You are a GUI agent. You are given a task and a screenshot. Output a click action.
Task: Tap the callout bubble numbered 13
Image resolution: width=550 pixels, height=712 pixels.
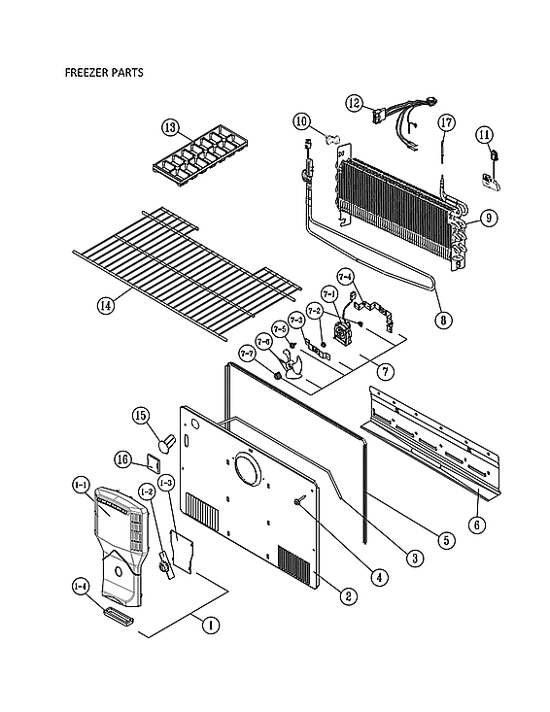tap(171, 127)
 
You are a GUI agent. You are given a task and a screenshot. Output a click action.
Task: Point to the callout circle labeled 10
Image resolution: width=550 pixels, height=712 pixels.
tap(302, 121)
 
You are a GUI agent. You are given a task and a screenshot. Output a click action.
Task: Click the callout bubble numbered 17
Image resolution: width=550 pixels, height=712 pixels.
tap(446, 122)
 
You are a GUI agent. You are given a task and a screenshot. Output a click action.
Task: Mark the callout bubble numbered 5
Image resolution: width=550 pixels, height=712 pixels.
tap(446, 539)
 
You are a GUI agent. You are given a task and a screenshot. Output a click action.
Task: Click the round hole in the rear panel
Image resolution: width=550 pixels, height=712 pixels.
tap(250, 475)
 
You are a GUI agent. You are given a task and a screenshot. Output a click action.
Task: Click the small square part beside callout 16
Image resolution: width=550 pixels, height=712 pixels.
tap(153, 459)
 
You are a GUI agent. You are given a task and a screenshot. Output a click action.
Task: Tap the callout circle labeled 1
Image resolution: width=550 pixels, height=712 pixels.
tap(207, 626)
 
